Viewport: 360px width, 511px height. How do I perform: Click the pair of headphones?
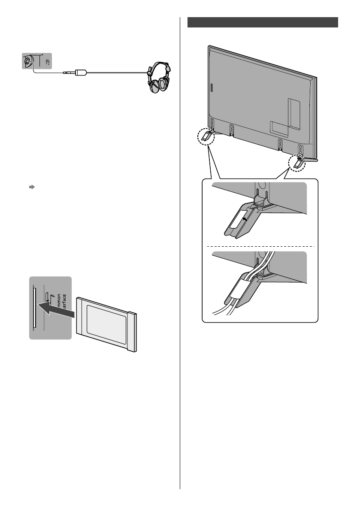click(x=157, y=79)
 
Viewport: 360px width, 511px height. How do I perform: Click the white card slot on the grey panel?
click(x=33, y=308)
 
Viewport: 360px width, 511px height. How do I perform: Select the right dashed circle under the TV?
click(x=297, y=163)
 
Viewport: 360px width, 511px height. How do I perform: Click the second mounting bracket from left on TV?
click(x=232, y=129)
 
